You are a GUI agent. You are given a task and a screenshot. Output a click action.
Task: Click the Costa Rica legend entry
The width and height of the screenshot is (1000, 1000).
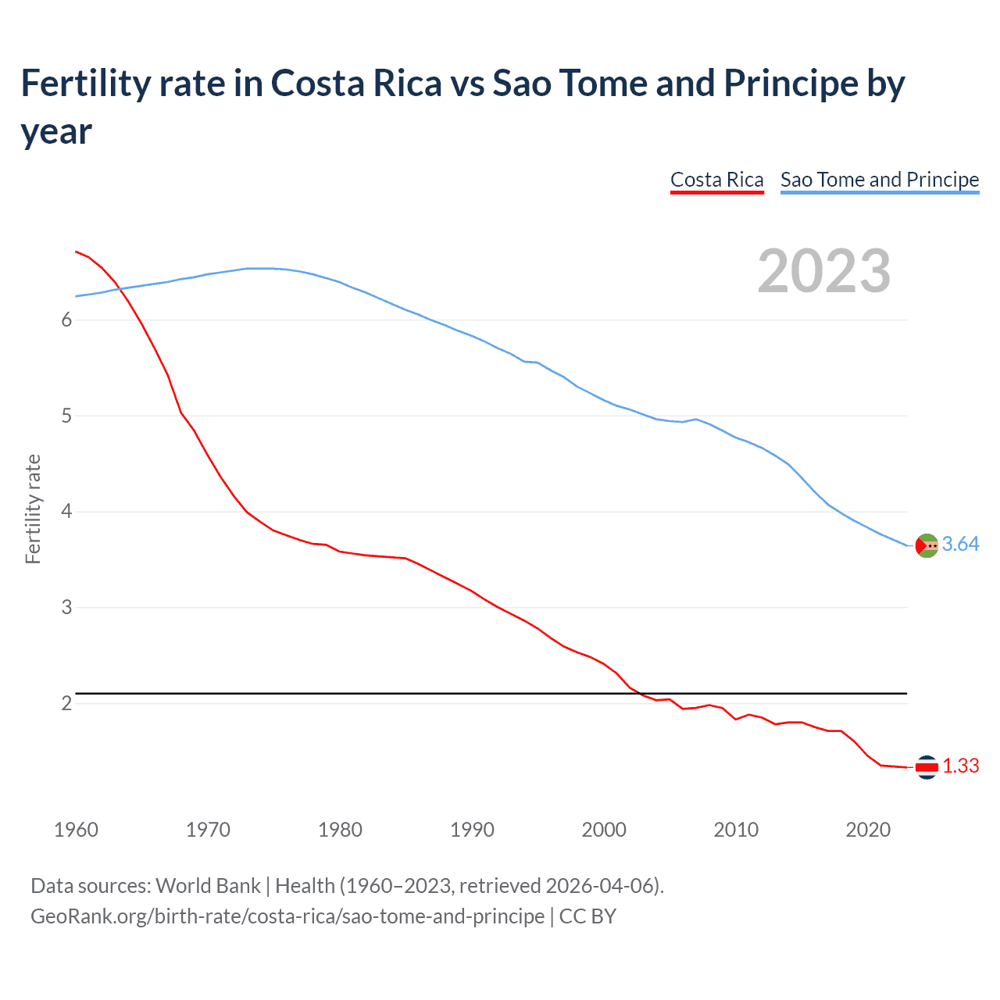[716, 180]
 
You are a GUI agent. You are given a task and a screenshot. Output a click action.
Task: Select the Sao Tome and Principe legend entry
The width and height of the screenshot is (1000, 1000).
[879, 180]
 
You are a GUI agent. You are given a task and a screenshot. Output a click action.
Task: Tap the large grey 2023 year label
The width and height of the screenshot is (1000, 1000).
[823, 271]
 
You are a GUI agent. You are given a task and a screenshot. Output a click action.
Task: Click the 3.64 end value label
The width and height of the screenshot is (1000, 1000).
[960, 545]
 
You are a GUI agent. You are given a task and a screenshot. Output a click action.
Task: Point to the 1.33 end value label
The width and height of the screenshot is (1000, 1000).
[960, 766]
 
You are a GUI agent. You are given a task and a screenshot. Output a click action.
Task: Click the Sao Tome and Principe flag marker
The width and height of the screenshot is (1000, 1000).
[927, 545]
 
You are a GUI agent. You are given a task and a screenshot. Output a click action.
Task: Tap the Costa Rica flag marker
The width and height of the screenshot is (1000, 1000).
[927, 768]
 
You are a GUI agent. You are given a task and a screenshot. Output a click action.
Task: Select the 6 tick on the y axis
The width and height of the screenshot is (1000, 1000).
[66, 320]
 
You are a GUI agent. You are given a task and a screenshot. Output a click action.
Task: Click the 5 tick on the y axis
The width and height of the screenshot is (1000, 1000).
[66, 416]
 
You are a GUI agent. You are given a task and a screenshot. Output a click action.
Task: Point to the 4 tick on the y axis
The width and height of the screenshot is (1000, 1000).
[66, 512]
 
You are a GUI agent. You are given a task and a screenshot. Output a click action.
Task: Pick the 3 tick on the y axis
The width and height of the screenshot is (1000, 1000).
[66, 607]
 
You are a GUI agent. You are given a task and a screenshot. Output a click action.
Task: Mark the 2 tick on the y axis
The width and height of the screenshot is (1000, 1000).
[66, 703]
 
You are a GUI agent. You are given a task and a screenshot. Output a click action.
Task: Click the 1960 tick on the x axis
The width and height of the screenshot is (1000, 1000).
[76, 830]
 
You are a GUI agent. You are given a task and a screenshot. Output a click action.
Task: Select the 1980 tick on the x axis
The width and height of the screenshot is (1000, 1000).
[340, 830]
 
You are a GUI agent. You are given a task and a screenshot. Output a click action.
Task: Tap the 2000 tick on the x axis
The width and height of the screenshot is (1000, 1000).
[604, 830]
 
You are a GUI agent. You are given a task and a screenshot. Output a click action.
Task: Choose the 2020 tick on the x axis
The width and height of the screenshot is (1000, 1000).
[868, 830]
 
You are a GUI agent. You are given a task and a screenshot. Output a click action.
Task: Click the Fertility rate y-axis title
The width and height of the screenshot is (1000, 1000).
[33, 509]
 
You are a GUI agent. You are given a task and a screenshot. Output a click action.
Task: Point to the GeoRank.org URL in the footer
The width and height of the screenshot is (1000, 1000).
[287, 916]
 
